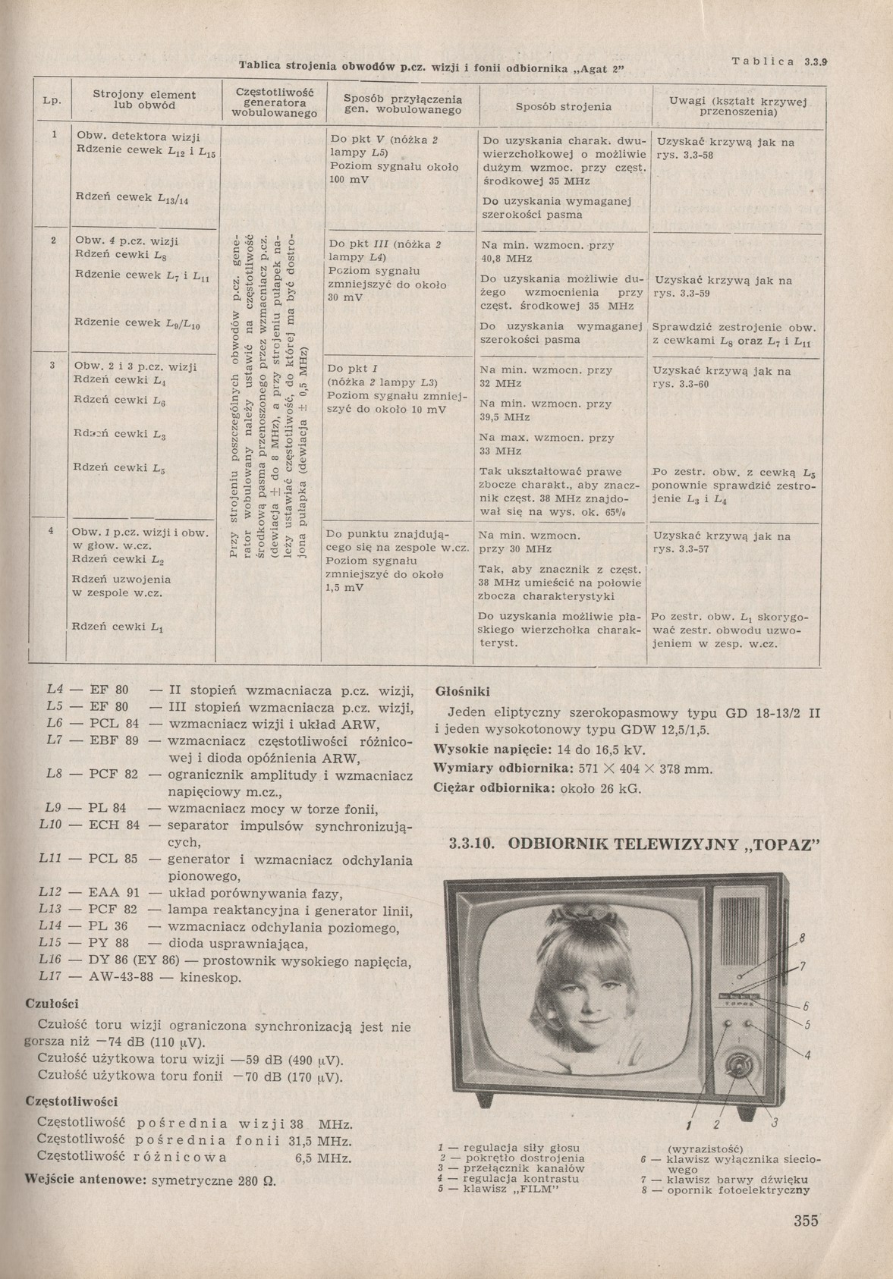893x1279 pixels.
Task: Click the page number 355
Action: tap(806, 1221)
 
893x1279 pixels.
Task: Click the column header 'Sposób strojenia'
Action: tap(563, 107)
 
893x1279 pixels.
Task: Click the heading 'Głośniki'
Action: tap(462, 692)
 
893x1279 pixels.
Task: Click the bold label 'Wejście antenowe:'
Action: tap(86, 1180)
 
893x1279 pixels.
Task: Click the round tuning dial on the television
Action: tap(738, 1065)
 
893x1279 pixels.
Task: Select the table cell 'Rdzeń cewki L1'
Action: tap(118, 627)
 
